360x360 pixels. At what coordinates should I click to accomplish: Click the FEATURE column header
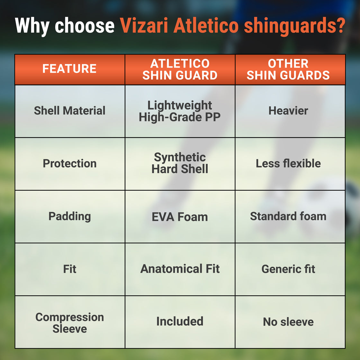coord(69,69)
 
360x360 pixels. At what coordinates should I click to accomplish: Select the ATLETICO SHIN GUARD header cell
coord(180,69)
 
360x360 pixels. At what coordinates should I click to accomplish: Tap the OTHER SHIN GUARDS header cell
coord(288,69)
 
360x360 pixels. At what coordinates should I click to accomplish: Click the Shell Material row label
coord(69,111)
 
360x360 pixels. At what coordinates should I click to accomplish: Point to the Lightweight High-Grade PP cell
coord(180,111)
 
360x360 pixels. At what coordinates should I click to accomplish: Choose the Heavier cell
coord(288,111)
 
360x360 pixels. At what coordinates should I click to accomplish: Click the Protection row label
coord(69,164)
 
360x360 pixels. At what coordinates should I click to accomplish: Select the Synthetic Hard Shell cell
coord(180,163)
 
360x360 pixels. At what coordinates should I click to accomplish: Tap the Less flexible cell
coord(288,164)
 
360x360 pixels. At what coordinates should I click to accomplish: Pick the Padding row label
coord(69,216)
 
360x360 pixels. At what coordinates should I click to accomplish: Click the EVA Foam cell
coord(180,217)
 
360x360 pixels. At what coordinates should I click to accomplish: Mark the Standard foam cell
coord(288,216)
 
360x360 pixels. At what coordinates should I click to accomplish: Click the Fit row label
coord(69,269)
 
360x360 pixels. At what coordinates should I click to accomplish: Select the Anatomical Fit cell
coord(180,269)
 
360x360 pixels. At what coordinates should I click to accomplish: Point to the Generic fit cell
coord(288,269)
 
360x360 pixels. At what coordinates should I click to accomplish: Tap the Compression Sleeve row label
coord(69,323)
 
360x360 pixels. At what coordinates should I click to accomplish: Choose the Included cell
coord(180,321)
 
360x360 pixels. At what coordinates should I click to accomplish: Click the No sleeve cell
coord(288,322)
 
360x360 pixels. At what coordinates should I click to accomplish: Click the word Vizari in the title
coord(144,25)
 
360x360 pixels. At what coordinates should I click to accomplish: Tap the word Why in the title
coord(32,26)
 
